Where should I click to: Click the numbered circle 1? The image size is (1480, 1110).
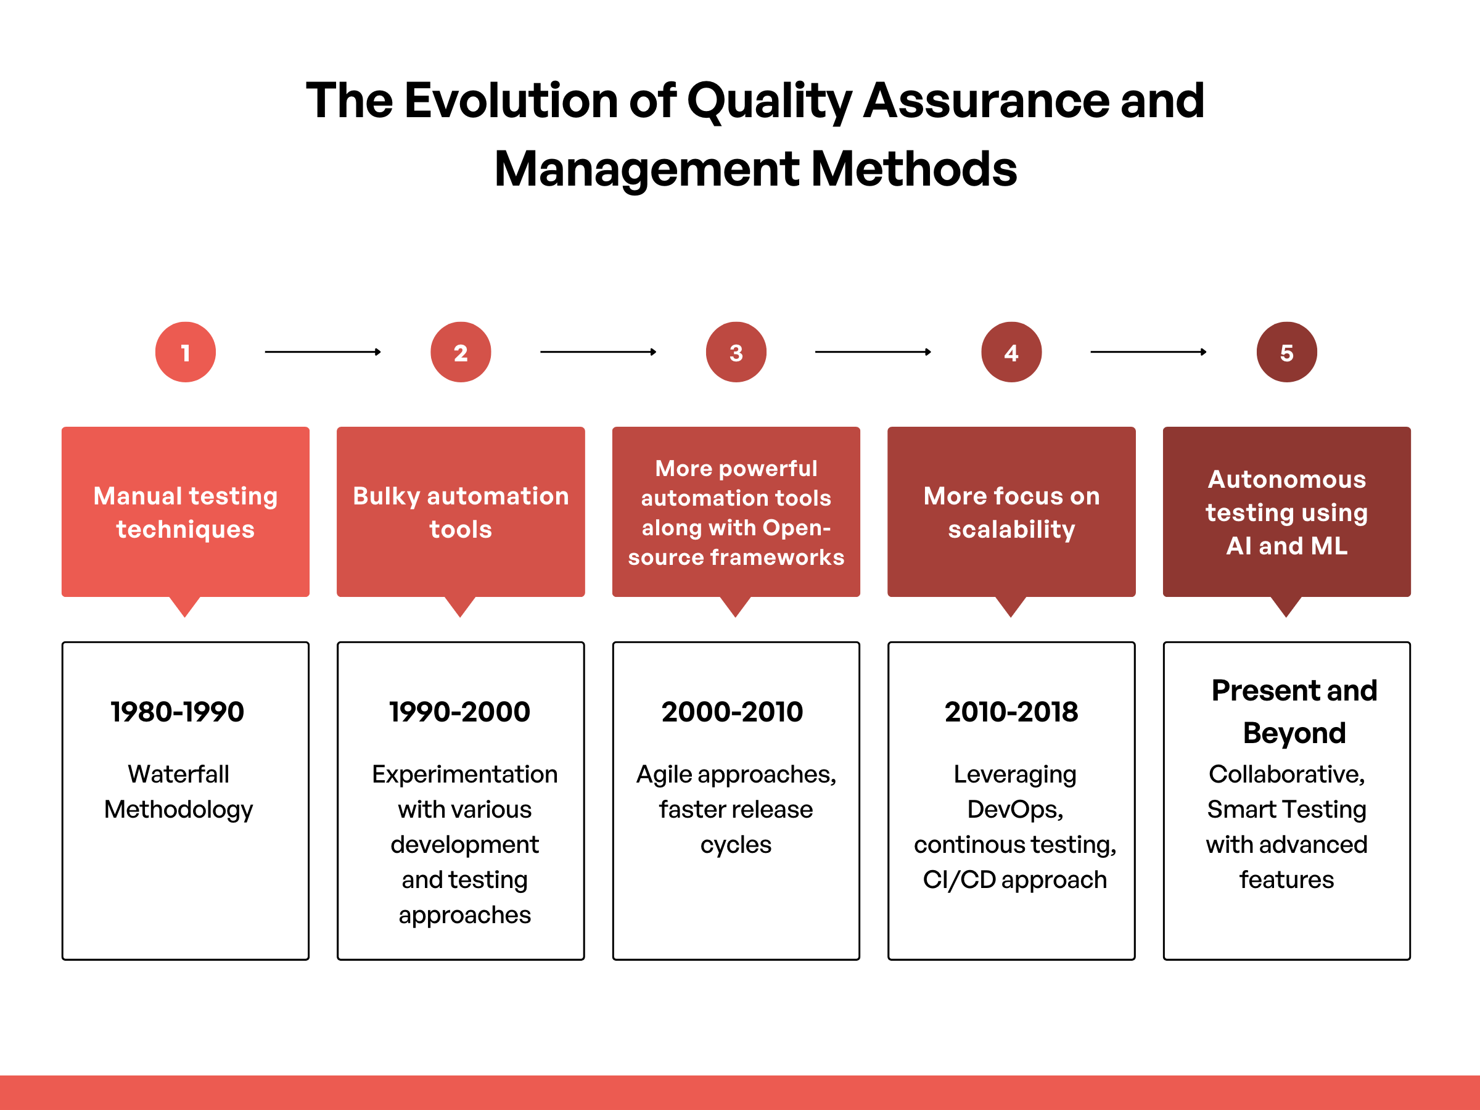[186, 352]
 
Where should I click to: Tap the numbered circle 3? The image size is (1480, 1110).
[736, 352]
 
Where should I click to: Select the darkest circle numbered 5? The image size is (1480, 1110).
[1286, 352]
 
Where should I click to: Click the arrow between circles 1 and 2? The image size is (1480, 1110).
[323, 352]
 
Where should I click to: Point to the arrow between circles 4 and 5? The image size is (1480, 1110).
[1148, 352]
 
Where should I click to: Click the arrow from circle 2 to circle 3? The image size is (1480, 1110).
[598, 352]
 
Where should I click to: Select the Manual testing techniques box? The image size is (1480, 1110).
[186, 512]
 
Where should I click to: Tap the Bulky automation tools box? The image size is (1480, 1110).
[460, 512]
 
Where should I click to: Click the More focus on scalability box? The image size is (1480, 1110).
[1011, 512]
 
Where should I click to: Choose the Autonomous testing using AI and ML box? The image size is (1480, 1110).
[1286, 512]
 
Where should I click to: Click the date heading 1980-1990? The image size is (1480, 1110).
[178, 712]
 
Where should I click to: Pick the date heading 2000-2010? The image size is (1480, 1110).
[732, 712]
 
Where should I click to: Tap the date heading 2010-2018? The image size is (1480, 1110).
[1011, 712]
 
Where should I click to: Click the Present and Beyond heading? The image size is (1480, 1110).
[1294, 712]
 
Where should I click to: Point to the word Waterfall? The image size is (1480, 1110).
[179, 774]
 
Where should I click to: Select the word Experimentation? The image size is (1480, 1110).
[464, 774]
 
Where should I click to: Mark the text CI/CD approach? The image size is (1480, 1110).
[1014, 880]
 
